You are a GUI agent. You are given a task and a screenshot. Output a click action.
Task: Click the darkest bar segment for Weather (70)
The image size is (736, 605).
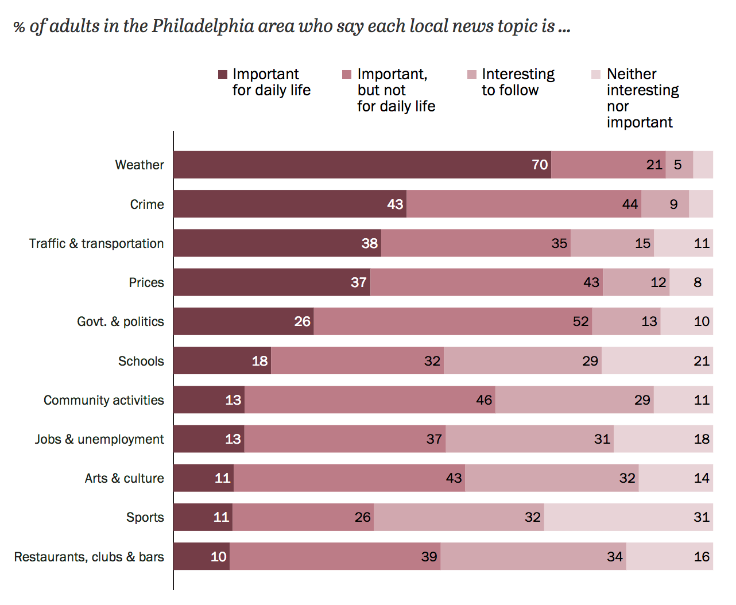tap(362, 165)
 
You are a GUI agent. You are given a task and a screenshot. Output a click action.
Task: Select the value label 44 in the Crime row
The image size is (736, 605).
tap(630, 204)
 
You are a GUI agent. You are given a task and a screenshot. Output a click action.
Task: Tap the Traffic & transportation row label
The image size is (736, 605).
tap(96, 243)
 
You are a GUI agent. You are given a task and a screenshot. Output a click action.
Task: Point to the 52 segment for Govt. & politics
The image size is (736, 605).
tap(452, 321)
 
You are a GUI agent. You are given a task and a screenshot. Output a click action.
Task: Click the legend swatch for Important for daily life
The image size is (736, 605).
tap(223, 75)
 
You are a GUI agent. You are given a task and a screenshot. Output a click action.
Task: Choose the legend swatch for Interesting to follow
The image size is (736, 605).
tap(472, 75)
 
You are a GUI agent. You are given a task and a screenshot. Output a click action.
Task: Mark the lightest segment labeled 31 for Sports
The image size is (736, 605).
tap(628, 517)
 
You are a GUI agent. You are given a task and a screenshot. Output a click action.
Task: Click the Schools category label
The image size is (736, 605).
tap(141, 361)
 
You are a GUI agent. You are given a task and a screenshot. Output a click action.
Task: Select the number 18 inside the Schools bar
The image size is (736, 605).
tap(259, 361)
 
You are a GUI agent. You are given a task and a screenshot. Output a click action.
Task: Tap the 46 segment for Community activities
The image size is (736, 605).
tap(370, 400)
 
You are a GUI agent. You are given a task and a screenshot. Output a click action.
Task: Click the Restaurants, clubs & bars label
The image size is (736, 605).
tap(89, 557)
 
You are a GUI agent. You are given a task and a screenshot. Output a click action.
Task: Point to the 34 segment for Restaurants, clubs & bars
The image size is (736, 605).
tap(533, 557)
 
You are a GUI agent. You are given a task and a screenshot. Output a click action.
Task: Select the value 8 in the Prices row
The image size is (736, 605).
tap(697, 282)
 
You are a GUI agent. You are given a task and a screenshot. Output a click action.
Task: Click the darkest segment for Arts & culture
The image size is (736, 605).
tap(203, 478)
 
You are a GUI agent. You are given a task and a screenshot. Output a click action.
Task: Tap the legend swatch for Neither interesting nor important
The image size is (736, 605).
tap(596, 75)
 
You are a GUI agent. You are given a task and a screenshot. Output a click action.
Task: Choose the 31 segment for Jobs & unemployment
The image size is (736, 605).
tap(529, 439)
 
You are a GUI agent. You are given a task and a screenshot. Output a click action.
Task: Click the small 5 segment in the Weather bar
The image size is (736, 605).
tap(679, 165)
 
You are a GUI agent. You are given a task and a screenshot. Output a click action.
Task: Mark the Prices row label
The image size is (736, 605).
tap(146, 282)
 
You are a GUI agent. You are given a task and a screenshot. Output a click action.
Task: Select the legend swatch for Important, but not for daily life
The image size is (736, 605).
tap(347, 75)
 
